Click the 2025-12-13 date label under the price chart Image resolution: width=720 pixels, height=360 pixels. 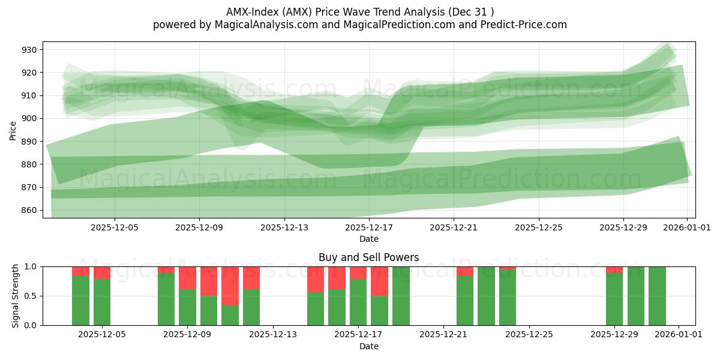point(284,227)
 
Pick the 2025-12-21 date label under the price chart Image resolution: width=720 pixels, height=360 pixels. point(454,227)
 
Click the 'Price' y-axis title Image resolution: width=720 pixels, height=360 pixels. point(13,130)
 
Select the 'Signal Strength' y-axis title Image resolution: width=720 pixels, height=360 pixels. point(16,296)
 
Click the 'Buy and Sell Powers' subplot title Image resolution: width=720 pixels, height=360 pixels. point(368,257)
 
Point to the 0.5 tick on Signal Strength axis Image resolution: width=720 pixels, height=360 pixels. point(31,296)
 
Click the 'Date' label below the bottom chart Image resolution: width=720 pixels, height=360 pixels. point(368,346)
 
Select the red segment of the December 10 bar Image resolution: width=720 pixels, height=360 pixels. point(230,286)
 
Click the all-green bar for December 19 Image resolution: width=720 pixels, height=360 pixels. point(401,296)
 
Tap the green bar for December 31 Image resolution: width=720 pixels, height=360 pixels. point(657,296)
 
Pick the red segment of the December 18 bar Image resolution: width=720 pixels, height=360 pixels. point(379,281)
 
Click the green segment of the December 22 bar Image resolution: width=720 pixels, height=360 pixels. point(465,300)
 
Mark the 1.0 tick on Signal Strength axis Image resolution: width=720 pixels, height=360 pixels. point(31,266)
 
